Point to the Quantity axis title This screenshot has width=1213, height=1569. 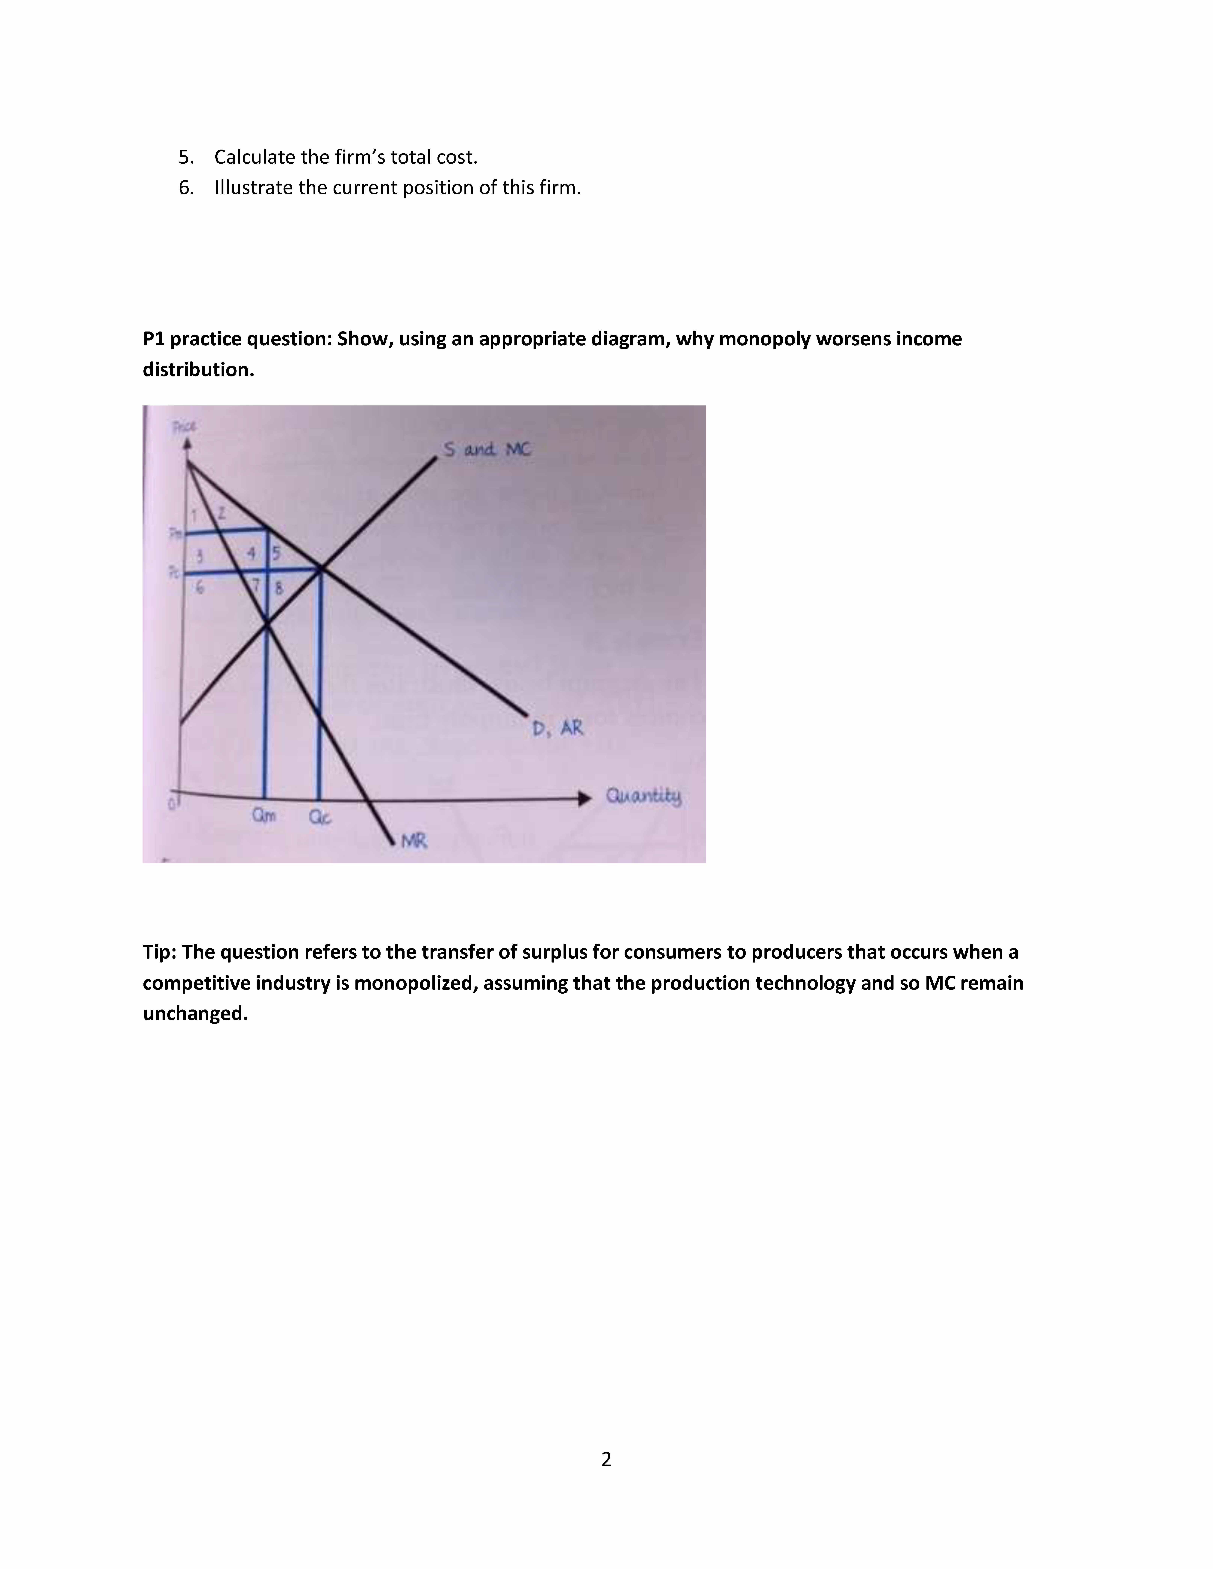tap(643, 796)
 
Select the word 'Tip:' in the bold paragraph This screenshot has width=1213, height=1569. tap(160, 952)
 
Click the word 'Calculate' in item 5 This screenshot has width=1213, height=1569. tap(255, 157)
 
